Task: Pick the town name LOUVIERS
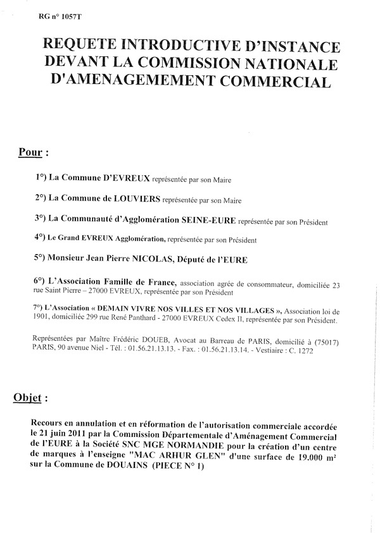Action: [x=133, y=199]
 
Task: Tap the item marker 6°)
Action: [x=43, y=281]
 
